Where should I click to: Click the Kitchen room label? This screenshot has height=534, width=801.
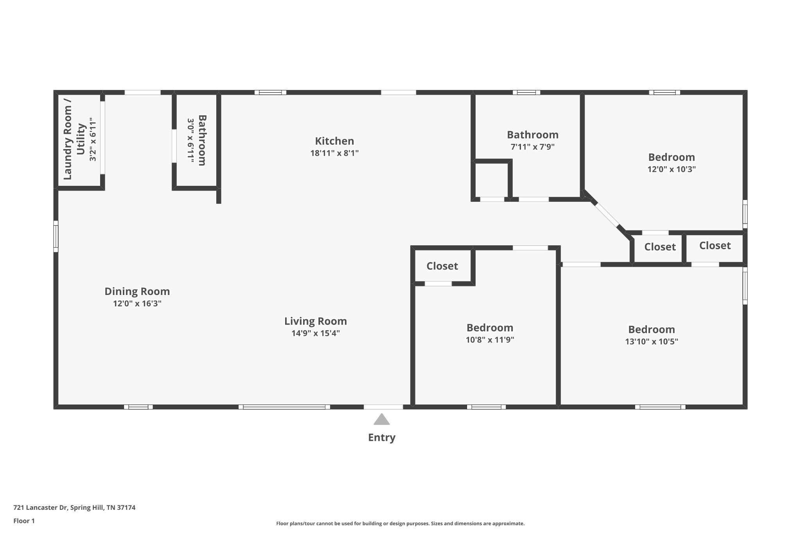click(334, 141)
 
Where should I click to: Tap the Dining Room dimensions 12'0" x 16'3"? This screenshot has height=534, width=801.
click(137, 304)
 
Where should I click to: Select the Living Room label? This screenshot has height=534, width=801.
click(315, 321)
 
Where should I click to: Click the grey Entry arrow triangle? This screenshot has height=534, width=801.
click(381, 420)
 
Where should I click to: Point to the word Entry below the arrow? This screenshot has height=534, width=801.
click(381, 437)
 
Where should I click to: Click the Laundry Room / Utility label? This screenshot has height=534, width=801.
click(74, 140)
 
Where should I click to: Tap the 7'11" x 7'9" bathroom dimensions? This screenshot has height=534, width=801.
click(532, 147)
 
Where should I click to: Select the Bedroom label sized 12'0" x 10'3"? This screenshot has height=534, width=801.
click(671, 157)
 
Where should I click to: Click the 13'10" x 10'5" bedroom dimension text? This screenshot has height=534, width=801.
click(651, 342)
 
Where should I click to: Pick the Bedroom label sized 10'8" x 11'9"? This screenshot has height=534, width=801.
click(490, 328)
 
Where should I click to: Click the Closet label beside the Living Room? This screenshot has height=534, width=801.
click(442, 266)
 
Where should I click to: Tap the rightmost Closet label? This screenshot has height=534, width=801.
click(715, 246)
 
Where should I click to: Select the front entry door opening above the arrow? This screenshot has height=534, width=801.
click(383, 407)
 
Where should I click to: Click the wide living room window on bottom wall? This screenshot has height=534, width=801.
click(284, 407)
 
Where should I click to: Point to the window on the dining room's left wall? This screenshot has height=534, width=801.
click(56, 236)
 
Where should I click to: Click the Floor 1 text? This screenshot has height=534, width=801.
click(24, 521)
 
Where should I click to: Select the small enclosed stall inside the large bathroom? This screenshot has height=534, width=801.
click(491, 180)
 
